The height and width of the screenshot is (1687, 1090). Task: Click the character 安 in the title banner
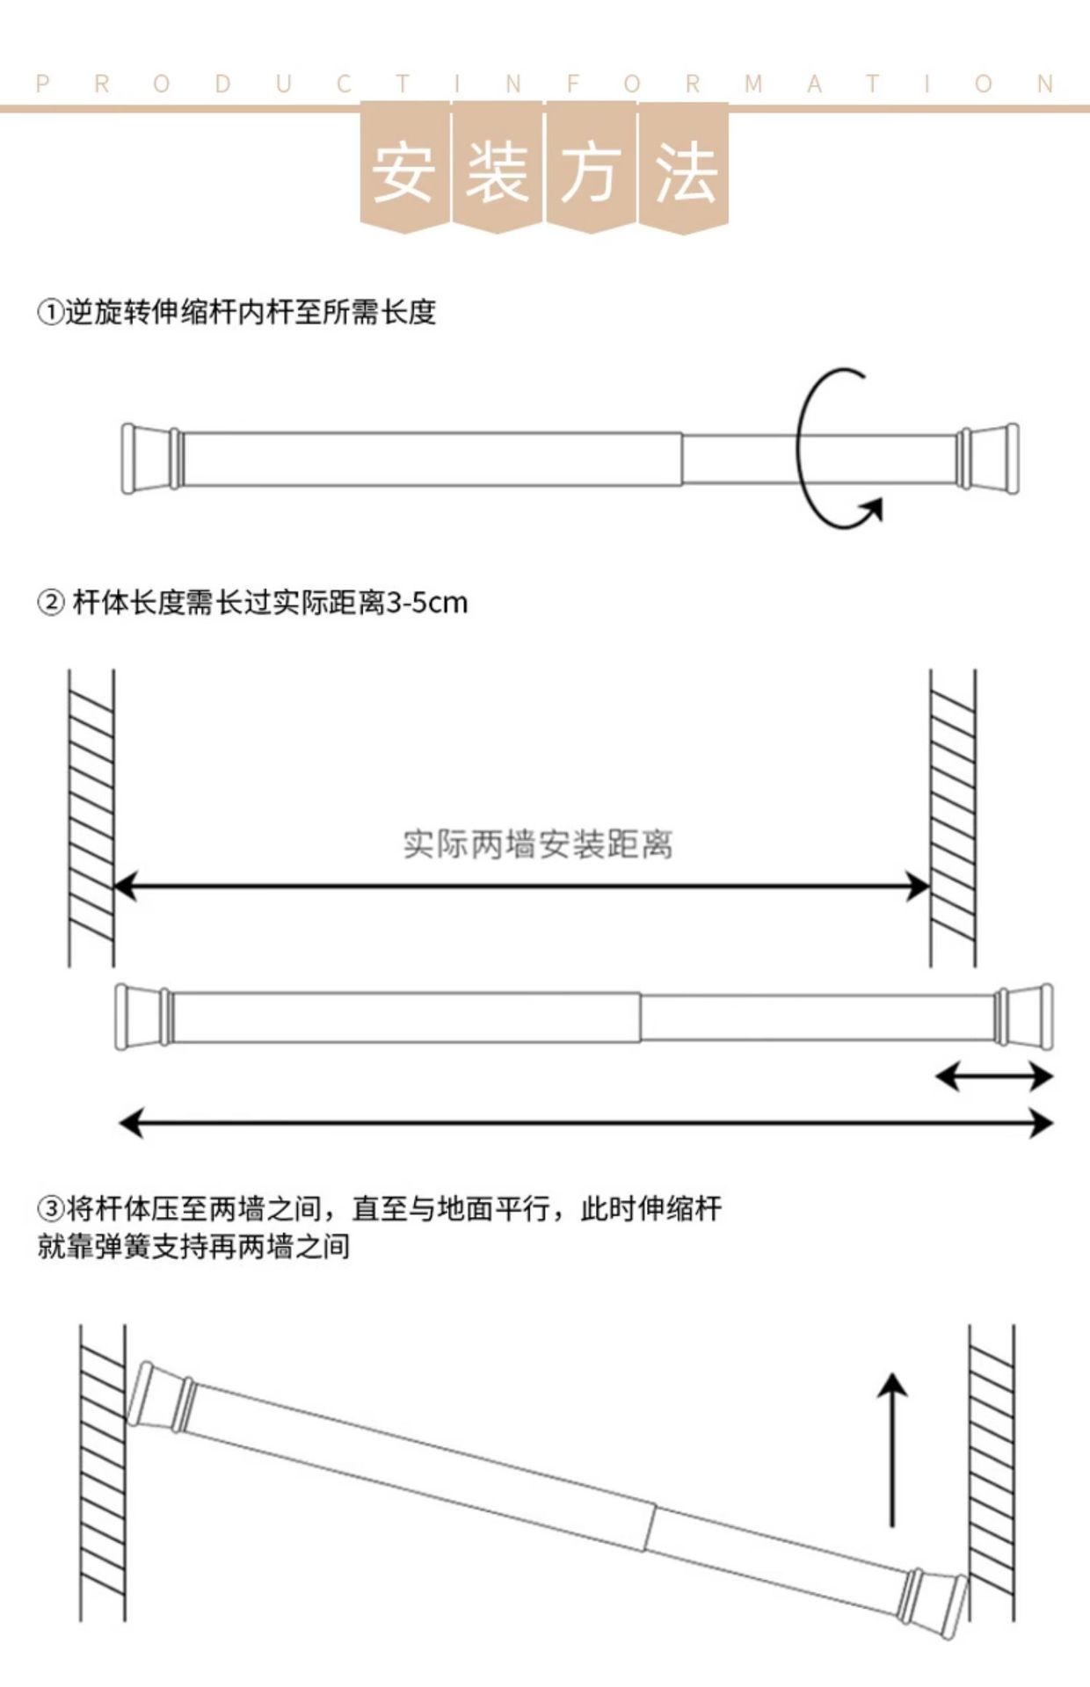click(403, 172)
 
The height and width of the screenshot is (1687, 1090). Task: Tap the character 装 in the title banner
click(498, 172)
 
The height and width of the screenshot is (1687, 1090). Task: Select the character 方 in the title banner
click(591, 172)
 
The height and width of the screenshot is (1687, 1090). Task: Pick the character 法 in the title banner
click(685, 172)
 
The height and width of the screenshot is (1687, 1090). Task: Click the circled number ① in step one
click(50, 313)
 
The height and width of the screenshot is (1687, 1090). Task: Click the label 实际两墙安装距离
click(538, 844)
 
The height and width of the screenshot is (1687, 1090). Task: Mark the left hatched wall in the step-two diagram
click(91, 817)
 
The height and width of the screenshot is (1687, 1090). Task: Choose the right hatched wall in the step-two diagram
click(953, 817)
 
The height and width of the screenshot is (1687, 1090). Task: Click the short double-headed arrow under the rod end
click(993, 1076)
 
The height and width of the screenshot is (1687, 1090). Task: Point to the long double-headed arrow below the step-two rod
click(585, 1123)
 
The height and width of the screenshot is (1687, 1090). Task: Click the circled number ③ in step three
click(50, 1209)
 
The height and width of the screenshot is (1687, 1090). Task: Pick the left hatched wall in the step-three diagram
click(103, 1472)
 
